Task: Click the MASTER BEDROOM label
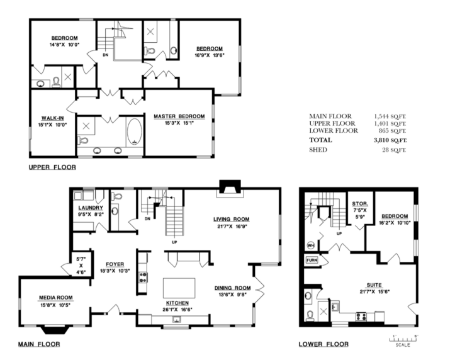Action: click(x=179, y=116)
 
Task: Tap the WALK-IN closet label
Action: click(x=52, y=118)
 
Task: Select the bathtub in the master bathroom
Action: click(x=134, y=132)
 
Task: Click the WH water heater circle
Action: click(x=311, y=245)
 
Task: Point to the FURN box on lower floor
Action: click(x=312, y=260)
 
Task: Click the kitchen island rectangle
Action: click(x=179, y=288)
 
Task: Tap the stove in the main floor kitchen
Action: click(x=143, y=277)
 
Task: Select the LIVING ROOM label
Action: click(x=231, y=220)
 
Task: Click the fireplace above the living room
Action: click(x=230, y=187)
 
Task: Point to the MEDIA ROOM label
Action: click(x=55, y=298)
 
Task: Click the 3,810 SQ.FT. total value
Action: click(x=390, y=140)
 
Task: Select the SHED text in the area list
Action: click(x=318, y=150)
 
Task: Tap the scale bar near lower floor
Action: click(x=403, y=339)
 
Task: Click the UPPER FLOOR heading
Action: click(x=52, y=167)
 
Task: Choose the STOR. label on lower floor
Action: click(x=360, y=204)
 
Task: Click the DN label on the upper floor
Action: click(x=105, y=55)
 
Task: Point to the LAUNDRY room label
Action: click(x=91, y=208)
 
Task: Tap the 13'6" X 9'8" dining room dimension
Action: click(x=232, y=295)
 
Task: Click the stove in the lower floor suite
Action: click(x=361, y=317)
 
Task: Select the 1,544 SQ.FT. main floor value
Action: click(x=390, y=116)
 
